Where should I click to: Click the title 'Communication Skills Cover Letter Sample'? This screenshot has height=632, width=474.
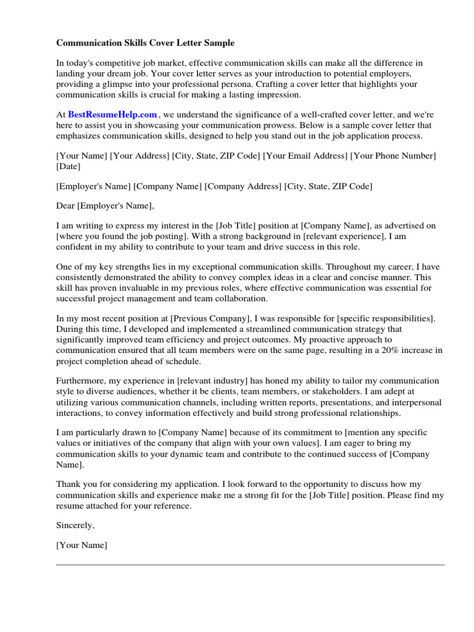coord(146,43)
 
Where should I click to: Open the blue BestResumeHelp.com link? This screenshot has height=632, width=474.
coord(112,114)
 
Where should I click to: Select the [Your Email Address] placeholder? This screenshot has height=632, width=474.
coord(305,156)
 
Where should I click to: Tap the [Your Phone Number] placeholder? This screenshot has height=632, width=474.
coord(393,156)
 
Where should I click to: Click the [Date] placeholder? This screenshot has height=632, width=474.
coord(68,167)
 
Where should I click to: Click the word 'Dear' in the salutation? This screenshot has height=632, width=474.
coord(66,206)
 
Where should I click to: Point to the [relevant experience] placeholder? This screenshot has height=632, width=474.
coord(333,236)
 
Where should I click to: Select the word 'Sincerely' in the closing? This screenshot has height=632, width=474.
coord(75,525)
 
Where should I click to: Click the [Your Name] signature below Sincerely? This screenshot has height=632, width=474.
coord(81,545)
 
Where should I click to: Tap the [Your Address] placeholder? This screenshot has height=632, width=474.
coord(139,156)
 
